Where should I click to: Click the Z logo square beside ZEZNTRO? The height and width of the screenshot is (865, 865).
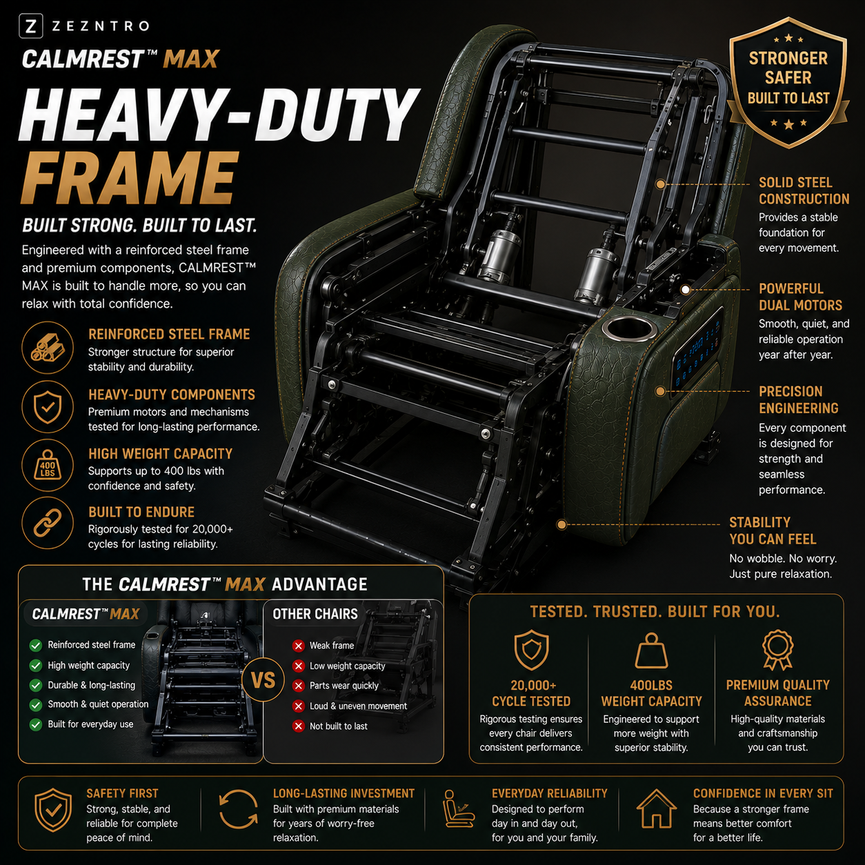click(31, 26)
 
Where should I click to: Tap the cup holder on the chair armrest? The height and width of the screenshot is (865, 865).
click(627, 328)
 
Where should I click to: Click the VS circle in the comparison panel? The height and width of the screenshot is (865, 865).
click(263, 680)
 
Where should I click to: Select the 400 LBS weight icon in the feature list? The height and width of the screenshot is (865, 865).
click(48, 466)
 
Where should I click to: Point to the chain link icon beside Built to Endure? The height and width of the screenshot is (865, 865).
click(48, 523)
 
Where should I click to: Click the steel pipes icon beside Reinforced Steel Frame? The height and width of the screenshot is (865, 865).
click(47, 348)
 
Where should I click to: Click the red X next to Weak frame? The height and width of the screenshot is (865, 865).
click(298, 646)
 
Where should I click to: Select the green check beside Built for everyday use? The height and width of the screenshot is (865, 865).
click(35, 724)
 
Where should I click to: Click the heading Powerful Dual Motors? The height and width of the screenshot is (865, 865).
click(800, 297)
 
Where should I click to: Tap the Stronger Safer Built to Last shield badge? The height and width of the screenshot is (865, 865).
click(788, 83)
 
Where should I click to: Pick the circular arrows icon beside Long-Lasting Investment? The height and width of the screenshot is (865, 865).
click(239, 809)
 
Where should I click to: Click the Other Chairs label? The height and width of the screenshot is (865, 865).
click(315, 614)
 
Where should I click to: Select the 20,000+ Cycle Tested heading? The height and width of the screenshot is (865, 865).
click(531, 693)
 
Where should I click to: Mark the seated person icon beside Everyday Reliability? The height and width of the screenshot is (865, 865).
click(456, 809)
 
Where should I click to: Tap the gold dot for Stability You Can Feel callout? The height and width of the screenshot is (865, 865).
click(561, 524)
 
